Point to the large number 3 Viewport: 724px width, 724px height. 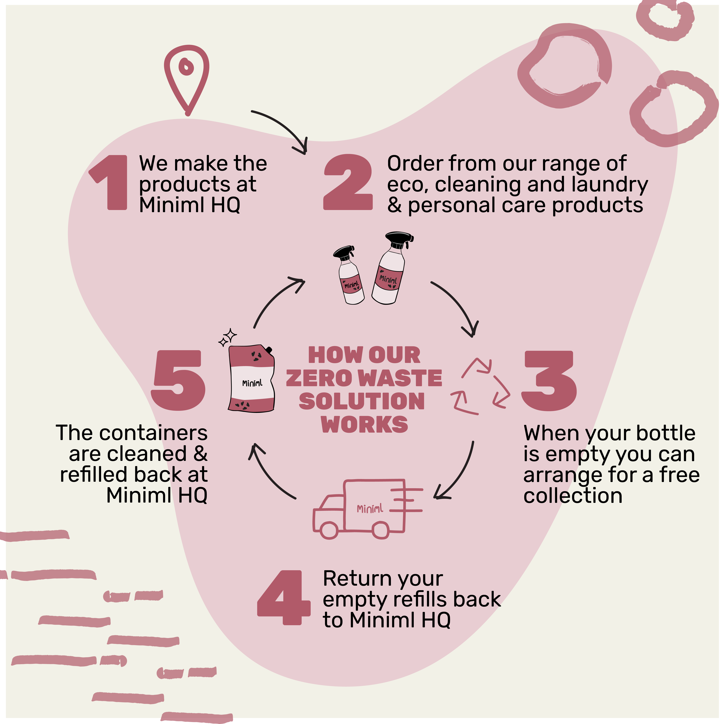click(549, 381)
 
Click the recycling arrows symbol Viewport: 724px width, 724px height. click(480, 387)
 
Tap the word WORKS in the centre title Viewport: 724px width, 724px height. click(364, 424)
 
